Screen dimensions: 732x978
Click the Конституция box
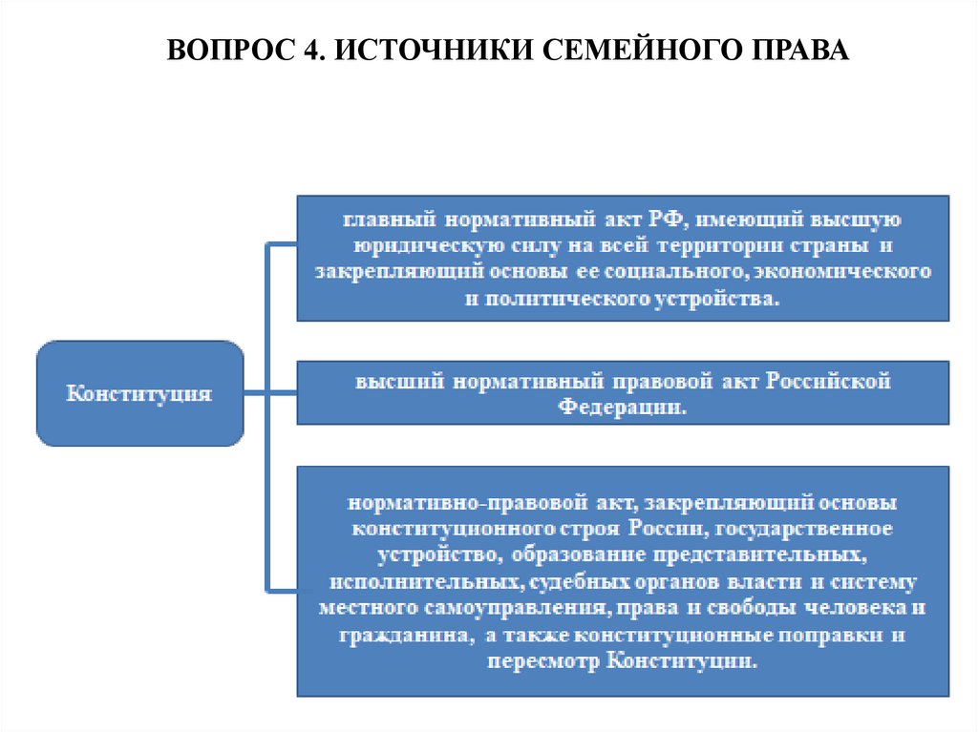coord(139,392)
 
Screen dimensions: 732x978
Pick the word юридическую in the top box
coord(411,246)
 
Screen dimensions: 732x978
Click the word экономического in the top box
coord(840,272)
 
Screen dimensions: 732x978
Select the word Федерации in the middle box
coord(623,407)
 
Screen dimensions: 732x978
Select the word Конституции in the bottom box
coord(683,661)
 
